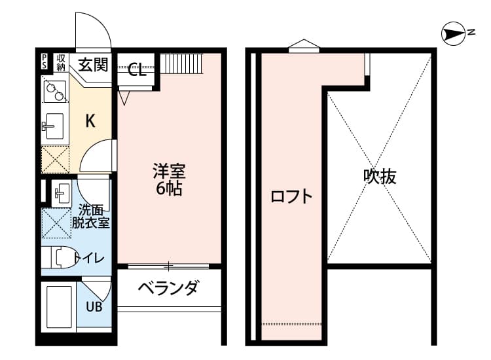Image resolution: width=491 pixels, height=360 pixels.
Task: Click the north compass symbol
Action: [x=453, y=33]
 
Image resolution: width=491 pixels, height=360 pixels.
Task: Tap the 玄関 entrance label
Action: [x=93, y=65]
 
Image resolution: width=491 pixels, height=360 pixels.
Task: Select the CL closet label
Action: [x=137, y=69]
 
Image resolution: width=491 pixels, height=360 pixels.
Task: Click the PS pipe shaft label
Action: [x=44, y=62]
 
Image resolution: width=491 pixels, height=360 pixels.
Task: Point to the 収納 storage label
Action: [x=61, y=63]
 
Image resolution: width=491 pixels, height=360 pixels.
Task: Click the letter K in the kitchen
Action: [x=90, y=121]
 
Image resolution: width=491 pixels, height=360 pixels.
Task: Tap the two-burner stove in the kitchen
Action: [x=55, y=92]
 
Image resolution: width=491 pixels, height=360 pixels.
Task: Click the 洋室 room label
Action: [x=169, y=171]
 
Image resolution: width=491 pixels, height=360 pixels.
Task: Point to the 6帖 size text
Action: [x=169, y=188]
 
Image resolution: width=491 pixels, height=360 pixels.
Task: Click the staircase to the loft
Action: [x=182, y=60]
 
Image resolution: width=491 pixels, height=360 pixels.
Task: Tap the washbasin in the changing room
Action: [x=62, y=194]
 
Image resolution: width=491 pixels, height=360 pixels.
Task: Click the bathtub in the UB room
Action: [x=59, y=307]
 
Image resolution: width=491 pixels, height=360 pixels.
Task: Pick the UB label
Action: [x=94, y=306]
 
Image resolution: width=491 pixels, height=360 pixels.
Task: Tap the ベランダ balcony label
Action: [x=168, y=288]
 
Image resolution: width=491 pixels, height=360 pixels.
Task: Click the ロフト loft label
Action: [x=291, y=196]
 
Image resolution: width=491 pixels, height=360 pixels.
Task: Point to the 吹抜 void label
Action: [x=380, y=177]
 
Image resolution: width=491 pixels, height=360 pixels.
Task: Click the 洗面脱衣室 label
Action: [x=91, y=216]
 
